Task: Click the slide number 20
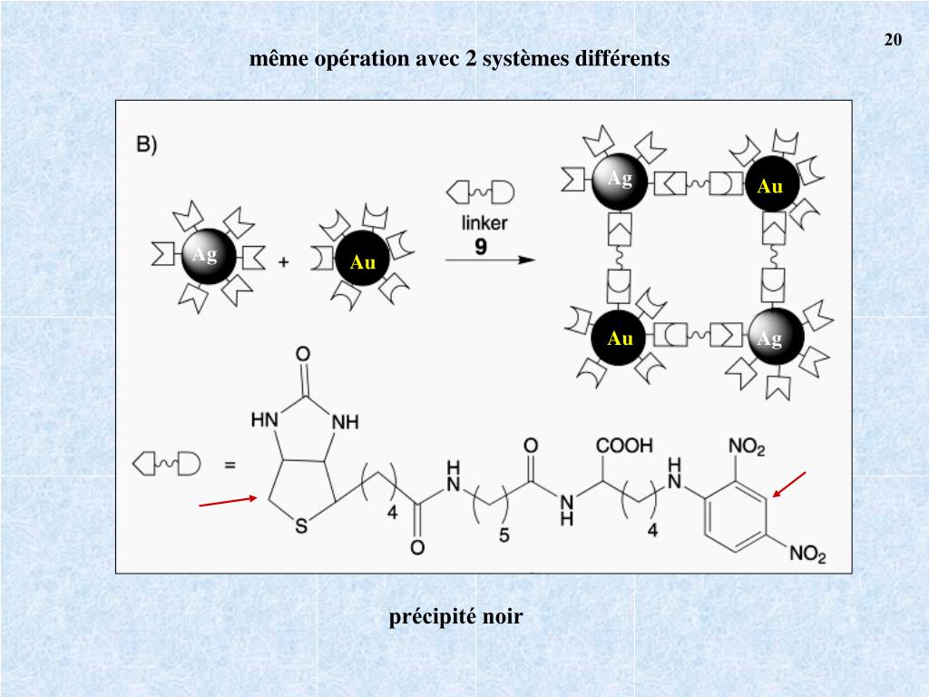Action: pos(892,40)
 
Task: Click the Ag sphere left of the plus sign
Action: pos(208,257)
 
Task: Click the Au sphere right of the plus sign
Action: pos(362,260)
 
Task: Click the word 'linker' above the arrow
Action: pos(484,222)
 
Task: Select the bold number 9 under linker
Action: pos(483,245)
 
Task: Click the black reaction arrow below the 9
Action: pos(490,260)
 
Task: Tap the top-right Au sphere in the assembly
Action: pos(770,185)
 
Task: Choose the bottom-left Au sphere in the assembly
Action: pos(621,338)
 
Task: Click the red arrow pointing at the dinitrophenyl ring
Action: pos(788,485)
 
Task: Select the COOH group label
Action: pos(623,447)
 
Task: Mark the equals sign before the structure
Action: pos(230,466)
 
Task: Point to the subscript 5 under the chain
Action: pos(504,536)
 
